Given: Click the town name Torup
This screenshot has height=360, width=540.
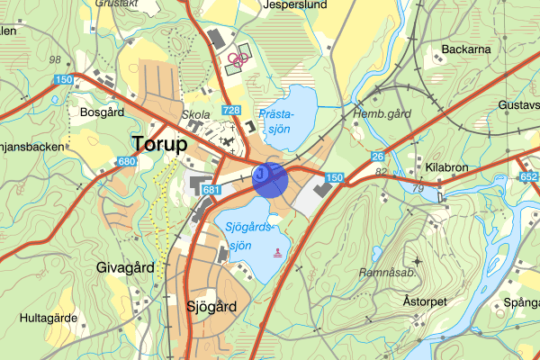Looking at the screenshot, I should point(160,144).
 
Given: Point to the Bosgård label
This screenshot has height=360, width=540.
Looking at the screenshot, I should point(101,114).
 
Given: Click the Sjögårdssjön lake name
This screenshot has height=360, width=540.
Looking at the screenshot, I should point(249,237).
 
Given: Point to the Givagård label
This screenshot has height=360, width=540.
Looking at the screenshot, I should point(125,267).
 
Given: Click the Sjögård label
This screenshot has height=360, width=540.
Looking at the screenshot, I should point(211,306).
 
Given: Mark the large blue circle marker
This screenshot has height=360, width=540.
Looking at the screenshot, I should point(270,178).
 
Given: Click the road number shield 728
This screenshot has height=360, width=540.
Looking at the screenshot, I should point(231,110).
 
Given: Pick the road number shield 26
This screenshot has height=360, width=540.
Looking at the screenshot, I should point(378,156).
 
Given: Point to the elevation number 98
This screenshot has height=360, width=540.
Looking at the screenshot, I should point(56,59).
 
